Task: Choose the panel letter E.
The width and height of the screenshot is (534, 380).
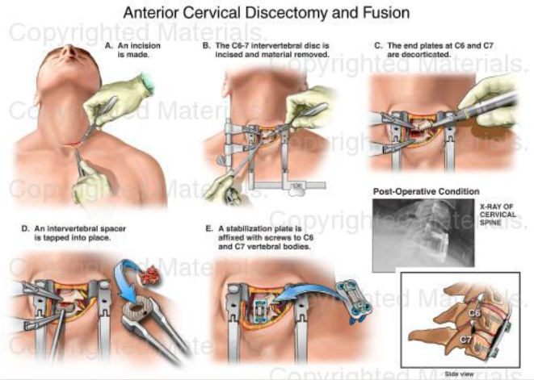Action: click(208, 228)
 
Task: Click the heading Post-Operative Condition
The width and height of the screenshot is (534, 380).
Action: click(425, 191)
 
